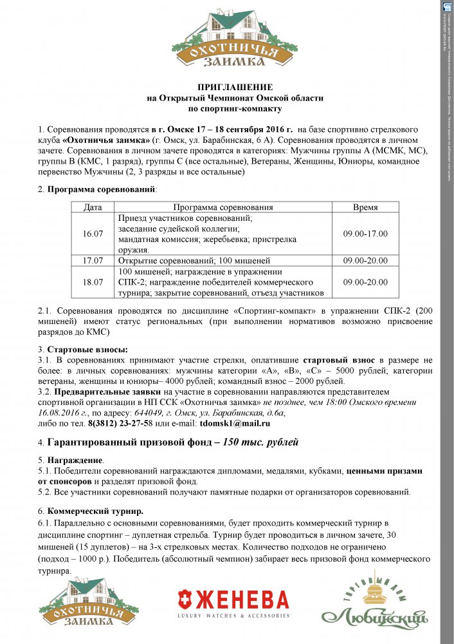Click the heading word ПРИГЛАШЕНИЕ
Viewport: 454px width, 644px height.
(235, 87)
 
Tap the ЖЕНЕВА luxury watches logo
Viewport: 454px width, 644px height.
(233, 604)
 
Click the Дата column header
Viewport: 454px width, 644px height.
(93, 207)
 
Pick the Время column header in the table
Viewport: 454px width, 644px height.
(365, 207)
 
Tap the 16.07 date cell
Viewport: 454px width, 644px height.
(93, 234)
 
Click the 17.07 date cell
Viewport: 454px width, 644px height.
(93, 261)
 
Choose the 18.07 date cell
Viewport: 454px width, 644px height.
(93, 282)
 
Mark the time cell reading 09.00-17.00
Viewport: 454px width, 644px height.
(365, 234)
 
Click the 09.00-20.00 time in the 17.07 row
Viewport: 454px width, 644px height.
(365, 261)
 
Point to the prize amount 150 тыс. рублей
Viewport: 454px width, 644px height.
(260, 443)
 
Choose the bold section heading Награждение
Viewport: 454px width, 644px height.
(75, 460)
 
